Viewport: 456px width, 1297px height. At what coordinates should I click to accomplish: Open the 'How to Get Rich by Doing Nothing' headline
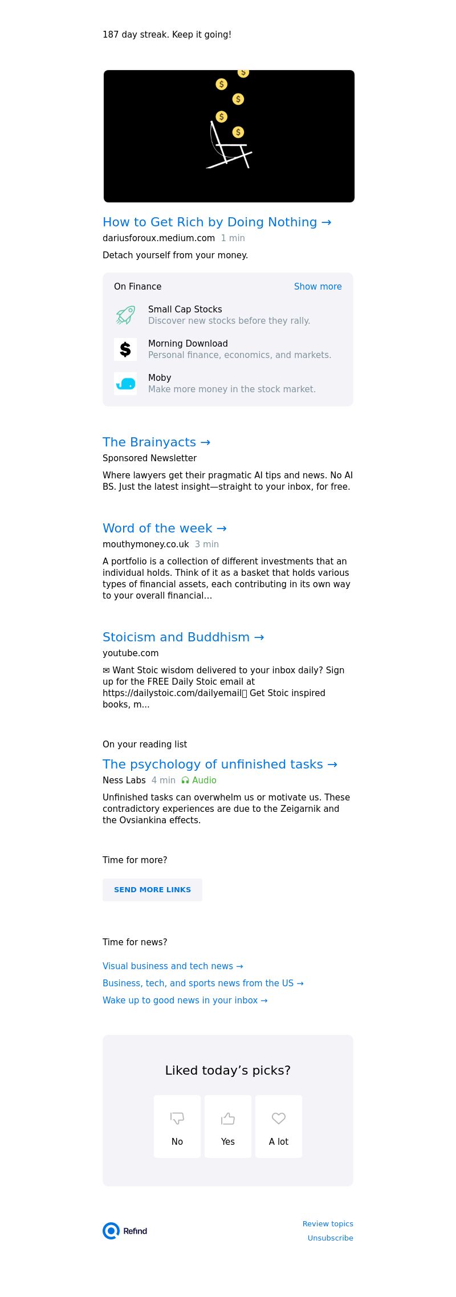pyautogui.click(x=217, y=222)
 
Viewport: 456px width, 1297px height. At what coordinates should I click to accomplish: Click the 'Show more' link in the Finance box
pyautogui.click(x=317, y=287)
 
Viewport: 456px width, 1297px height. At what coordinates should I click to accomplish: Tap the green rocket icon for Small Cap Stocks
pyautogui.click(x=125, y=315)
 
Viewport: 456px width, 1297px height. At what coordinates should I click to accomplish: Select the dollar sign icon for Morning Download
pyautogui.click(x=125, y=349)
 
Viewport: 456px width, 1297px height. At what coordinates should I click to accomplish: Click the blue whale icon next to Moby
pyautogui.click(x=125, y=384)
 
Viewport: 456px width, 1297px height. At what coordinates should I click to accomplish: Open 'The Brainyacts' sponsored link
pyautogui.click(x=156, y=442)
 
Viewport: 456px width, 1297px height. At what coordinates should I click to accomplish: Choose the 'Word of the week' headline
pyautogui.click(x=164, y=528)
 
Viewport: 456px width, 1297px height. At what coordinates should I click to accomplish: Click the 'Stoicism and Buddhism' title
pyautogui.click(x=183, y=637)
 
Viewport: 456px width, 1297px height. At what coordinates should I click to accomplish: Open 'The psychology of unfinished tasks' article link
pyautogui.click(x=219, y=765)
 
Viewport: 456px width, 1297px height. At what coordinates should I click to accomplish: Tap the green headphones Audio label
pyautogui.click(x=199, y=780)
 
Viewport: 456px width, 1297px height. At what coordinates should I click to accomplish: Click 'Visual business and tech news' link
pyautogui.click(x=173, y=966)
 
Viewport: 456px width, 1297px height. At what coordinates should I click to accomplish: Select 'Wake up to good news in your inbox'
pyautogui.click(x=185, y=1001)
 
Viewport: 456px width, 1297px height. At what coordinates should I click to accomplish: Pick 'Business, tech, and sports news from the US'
pyautogui.click(x=203, y=983)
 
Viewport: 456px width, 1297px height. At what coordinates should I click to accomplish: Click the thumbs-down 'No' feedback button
pyautogui.click(x=177, y=1127)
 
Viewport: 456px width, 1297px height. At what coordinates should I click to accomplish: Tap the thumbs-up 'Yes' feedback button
pyautogui.click(x=228, y=1127)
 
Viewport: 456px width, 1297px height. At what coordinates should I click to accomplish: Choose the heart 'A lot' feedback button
pyautogui.click(x=279, y=1127)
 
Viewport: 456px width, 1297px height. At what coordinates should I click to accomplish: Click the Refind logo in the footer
pyautogui.click(x=125, y=1231)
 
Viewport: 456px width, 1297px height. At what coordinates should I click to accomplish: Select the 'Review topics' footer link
pyautogui.click(x=328, y=1223)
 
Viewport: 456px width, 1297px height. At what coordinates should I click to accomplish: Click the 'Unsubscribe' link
pyautogui.click(x=330, y=1238)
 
